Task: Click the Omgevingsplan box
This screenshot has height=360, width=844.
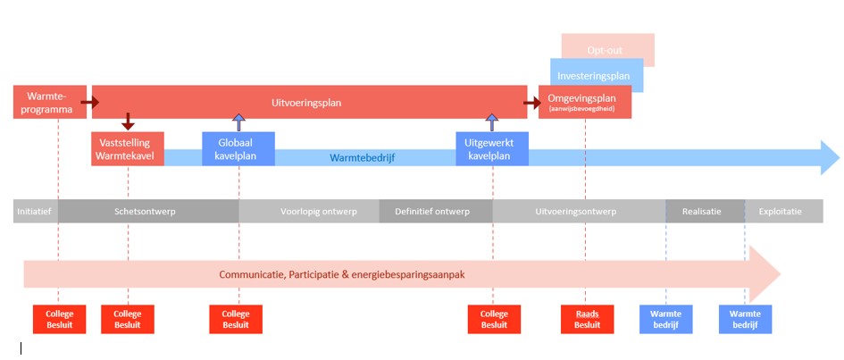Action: (x=585, y=103)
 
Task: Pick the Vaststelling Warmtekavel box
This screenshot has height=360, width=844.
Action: (x=127, y=149)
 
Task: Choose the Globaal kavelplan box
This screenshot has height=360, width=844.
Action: (x=238, y=149)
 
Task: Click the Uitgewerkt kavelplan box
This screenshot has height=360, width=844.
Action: (x=491, y=149)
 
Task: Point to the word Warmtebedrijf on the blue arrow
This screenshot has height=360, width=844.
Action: (x=362, y=158)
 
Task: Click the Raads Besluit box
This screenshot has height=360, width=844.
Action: (x=587, y=319)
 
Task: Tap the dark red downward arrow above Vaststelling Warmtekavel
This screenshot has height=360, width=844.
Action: (x=128, y=121)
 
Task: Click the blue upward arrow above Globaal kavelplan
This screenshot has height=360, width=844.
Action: (x=238, y=122)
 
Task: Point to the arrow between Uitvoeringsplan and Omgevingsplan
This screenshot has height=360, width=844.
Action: (x=532, y=103)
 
